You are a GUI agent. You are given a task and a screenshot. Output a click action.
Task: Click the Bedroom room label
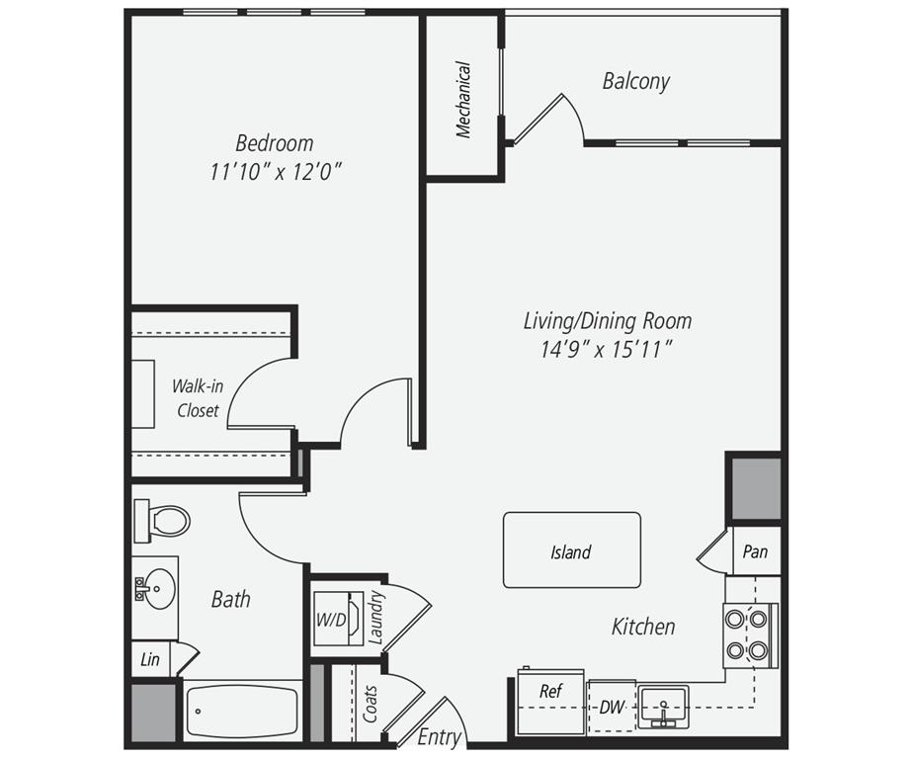coord(274,142)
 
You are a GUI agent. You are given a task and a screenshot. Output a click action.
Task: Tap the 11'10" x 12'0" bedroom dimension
coord(275,171)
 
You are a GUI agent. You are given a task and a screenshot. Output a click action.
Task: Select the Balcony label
coord(636,81)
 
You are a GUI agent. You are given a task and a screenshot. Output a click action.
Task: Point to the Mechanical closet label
coord(463,100)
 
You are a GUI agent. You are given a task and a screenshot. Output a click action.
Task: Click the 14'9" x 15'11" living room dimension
coord(607,349)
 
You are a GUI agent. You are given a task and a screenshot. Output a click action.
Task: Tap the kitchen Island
coord(571,550)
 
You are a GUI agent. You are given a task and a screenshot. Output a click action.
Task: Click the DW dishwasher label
coord(612,707)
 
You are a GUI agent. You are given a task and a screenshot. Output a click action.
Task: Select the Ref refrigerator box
coord(550,702)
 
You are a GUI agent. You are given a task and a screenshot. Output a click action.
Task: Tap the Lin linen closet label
coord(149,659)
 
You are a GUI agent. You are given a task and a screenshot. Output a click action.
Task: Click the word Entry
coord(439,736)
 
